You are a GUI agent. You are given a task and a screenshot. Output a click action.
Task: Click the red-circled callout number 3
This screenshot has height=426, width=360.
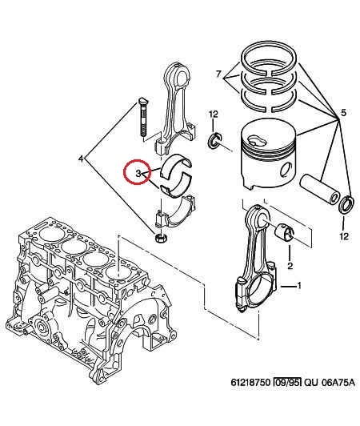click(x=138, y=173)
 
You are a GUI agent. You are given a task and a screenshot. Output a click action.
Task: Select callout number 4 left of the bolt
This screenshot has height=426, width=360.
click(x=81, y=158)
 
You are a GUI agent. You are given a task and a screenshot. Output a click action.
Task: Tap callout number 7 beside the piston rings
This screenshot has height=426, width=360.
click(x=219, y=74)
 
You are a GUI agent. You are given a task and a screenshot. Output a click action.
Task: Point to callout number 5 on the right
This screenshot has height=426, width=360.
click(x=343, y=112)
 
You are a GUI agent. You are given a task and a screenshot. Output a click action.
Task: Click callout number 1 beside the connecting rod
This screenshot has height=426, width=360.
click(x=299, y=286)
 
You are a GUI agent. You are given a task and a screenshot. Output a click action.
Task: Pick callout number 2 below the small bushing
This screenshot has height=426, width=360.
click(x=290, y=265)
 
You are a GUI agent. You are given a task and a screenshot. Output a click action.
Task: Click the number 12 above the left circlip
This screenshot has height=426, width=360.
click(x=214, y=114)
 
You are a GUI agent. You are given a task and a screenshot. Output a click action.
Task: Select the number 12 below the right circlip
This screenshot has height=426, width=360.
click(x=344, y=236)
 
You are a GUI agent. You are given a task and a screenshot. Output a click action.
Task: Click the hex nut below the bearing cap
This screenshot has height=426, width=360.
click(x=160, y=239)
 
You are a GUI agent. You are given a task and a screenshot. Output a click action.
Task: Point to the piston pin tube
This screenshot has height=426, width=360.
click(x=320, y=189)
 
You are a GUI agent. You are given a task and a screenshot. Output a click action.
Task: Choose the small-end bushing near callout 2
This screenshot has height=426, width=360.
click(x=285, y=232)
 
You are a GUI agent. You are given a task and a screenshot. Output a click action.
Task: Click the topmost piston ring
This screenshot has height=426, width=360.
click(x=269, y=58)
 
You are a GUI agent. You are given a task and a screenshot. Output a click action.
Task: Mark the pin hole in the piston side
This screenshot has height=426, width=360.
click(x=286, y=169)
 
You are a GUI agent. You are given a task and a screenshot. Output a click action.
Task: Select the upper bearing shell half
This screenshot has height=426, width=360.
click(x=176, y=167)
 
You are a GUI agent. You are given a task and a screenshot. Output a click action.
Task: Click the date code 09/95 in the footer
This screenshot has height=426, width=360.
click(x=287, y=383)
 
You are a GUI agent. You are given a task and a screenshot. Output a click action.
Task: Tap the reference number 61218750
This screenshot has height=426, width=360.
click(x=250, y=383)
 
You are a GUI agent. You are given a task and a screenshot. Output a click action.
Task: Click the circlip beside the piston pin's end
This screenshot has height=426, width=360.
click(x=346, y=205)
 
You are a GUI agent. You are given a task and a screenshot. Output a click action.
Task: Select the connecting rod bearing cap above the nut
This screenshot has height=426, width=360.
click(x=175, y=211)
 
